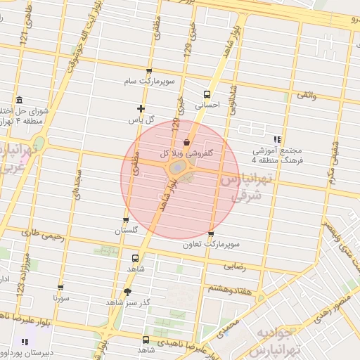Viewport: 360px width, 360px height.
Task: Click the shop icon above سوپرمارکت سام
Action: (x=148, y=72)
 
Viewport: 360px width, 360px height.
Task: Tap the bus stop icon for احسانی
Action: (x=207, y=94)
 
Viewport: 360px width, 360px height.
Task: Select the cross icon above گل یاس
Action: (x=141, y=108)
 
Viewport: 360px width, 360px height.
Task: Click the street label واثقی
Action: (x=307, y=94)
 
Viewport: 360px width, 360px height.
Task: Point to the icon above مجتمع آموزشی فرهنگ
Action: (x=277, y=139)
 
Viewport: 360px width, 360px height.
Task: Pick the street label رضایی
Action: (x=234, y=266)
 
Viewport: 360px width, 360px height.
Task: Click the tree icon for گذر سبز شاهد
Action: (x=127, y=292)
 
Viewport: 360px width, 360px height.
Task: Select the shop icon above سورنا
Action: (x=61, y=288)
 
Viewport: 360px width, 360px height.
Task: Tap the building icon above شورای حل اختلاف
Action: (x=18, y=99)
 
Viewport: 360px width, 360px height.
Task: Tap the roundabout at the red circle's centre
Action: (x=178, y=171)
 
